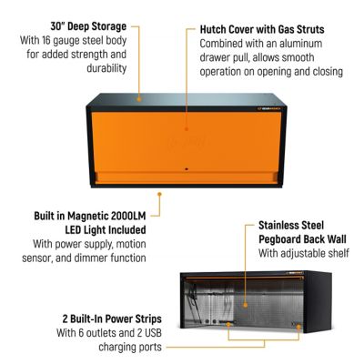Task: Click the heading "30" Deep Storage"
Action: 88,26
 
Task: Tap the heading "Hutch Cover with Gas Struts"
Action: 262,29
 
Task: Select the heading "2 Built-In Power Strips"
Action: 112,318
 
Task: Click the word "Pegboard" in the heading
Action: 279,239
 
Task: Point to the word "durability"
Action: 106,68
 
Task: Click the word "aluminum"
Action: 301,44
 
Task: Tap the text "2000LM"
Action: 128,216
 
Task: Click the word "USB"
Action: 152,333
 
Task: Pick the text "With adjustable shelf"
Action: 304,253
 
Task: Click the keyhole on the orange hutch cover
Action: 187,168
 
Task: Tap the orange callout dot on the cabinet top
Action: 139,99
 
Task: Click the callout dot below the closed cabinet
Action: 159,194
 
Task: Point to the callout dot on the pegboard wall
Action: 245,305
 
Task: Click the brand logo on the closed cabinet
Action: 269,108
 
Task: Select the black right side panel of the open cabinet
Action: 318,301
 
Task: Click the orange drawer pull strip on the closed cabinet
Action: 187,177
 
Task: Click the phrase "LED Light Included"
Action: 106,230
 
